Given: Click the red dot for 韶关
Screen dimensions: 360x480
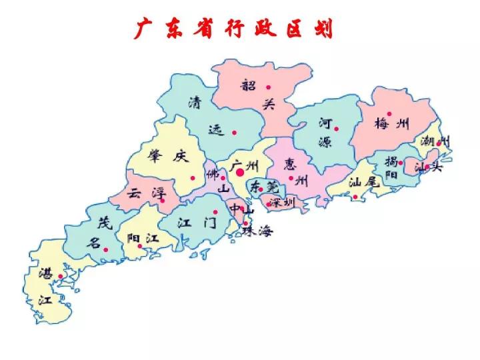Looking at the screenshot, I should (x=268, y=87).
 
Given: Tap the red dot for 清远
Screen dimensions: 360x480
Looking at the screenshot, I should (x=234, y=132).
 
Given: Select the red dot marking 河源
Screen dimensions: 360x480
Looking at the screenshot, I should (x=337, y=129).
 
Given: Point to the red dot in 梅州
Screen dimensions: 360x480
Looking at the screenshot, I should (x=389, y=114).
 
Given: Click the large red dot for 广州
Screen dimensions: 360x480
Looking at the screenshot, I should (x=240, y=172).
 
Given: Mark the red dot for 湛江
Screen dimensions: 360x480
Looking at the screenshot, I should (x=61, y=276).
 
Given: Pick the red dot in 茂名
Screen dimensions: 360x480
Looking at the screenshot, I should (x=105, y=249).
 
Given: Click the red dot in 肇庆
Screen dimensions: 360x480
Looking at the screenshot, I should (x=193, y=177).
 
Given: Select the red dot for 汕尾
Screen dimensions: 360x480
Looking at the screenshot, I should (x=355, y=197).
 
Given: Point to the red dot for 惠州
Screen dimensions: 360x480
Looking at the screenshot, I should (x=291, y=177).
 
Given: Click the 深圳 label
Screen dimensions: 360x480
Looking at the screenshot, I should (x=282, y=202).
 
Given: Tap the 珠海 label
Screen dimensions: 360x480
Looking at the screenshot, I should (x=257, y=231).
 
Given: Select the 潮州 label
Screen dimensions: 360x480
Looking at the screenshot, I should (x=435, y=141).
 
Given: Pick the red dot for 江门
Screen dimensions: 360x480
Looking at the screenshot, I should (x=215, y=212).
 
